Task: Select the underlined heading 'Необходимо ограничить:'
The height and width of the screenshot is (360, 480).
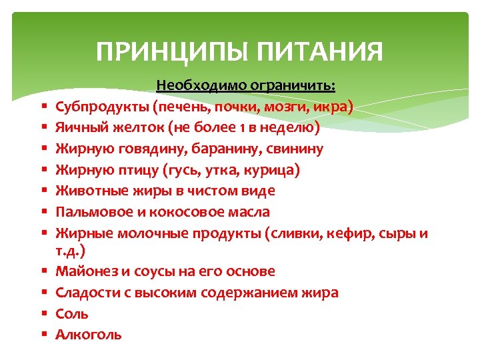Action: coord(246,86)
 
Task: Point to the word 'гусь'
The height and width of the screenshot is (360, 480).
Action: coord(176,171)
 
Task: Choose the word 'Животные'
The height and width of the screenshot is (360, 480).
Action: coord(87,191)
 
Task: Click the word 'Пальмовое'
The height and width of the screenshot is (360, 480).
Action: coord(91,213)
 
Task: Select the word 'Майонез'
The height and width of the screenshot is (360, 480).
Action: coord(84,272)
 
